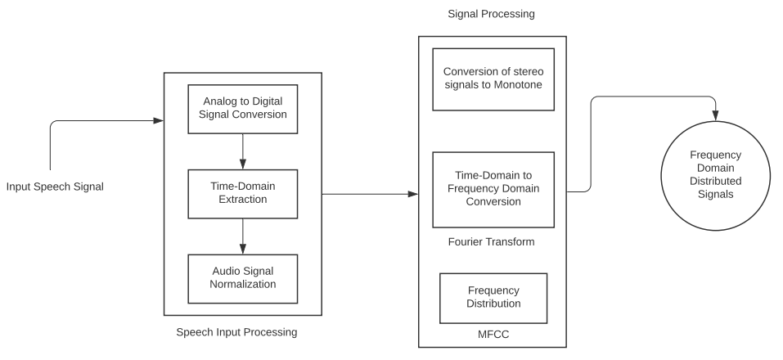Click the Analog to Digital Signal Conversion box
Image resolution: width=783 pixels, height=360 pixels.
(242, 108)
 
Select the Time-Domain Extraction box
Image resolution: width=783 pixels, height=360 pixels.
(242, 192)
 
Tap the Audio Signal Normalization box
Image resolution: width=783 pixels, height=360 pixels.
(242, 277)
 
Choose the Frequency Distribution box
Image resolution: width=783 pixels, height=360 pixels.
(493, 297)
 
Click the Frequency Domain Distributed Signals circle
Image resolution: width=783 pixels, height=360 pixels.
(716, 173)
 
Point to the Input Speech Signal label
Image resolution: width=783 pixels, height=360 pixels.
(55, 187)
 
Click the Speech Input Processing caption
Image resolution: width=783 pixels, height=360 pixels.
(236, 332)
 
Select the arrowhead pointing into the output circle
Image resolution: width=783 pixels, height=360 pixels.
(716, 115)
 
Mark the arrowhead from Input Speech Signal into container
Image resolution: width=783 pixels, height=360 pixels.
(159, 122)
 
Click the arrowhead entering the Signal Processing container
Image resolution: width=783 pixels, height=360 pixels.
(413, 194)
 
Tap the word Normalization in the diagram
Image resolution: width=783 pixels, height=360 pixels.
(242, 285)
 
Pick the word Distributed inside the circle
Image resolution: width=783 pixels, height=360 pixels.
(716, 181)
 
